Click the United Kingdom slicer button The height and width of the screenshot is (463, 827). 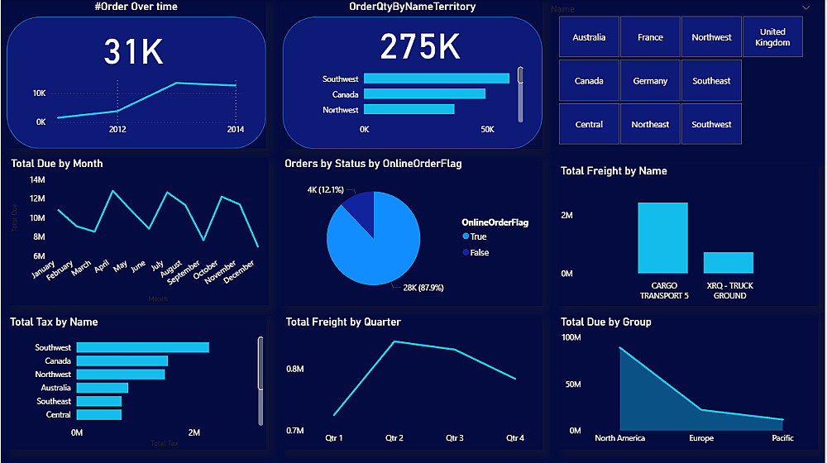coord(772,37)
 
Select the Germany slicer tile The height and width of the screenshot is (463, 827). coord(650,81)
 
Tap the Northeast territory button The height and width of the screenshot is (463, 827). coord(650,124)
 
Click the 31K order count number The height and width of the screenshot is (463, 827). coord(134,51)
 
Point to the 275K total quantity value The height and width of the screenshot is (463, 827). coord(420,47)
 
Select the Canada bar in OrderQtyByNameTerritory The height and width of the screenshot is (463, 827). coord(424,94)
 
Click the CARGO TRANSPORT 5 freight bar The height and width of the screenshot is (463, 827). coord(662,238)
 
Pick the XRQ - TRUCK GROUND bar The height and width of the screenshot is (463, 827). coord(729,263)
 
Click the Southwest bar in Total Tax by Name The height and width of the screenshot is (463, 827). coord(142,348)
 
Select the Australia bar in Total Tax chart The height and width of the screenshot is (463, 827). coord(103,388)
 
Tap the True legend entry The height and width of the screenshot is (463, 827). coord(478,236)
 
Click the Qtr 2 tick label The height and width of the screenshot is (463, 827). coord(394,438)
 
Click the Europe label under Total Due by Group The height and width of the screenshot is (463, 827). coord(701,438)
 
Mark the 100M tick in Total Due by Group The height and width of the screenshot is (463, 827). coord(571,337)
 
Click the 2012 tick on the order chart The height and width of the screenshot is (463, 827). coord(117,130)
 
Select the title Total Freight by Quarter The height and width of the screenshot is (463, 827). coord(343,322)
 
